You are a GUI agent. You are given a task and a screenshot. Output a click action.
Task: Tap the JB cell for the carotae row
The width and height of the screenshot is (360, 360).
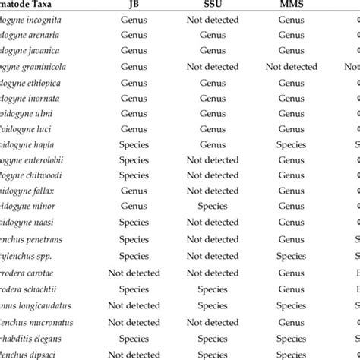click(x=134, y=273)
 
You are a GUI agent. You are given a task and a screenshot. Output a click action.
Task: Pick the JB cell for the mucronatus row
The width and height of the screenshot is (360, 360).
click(x=134, y=323)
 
